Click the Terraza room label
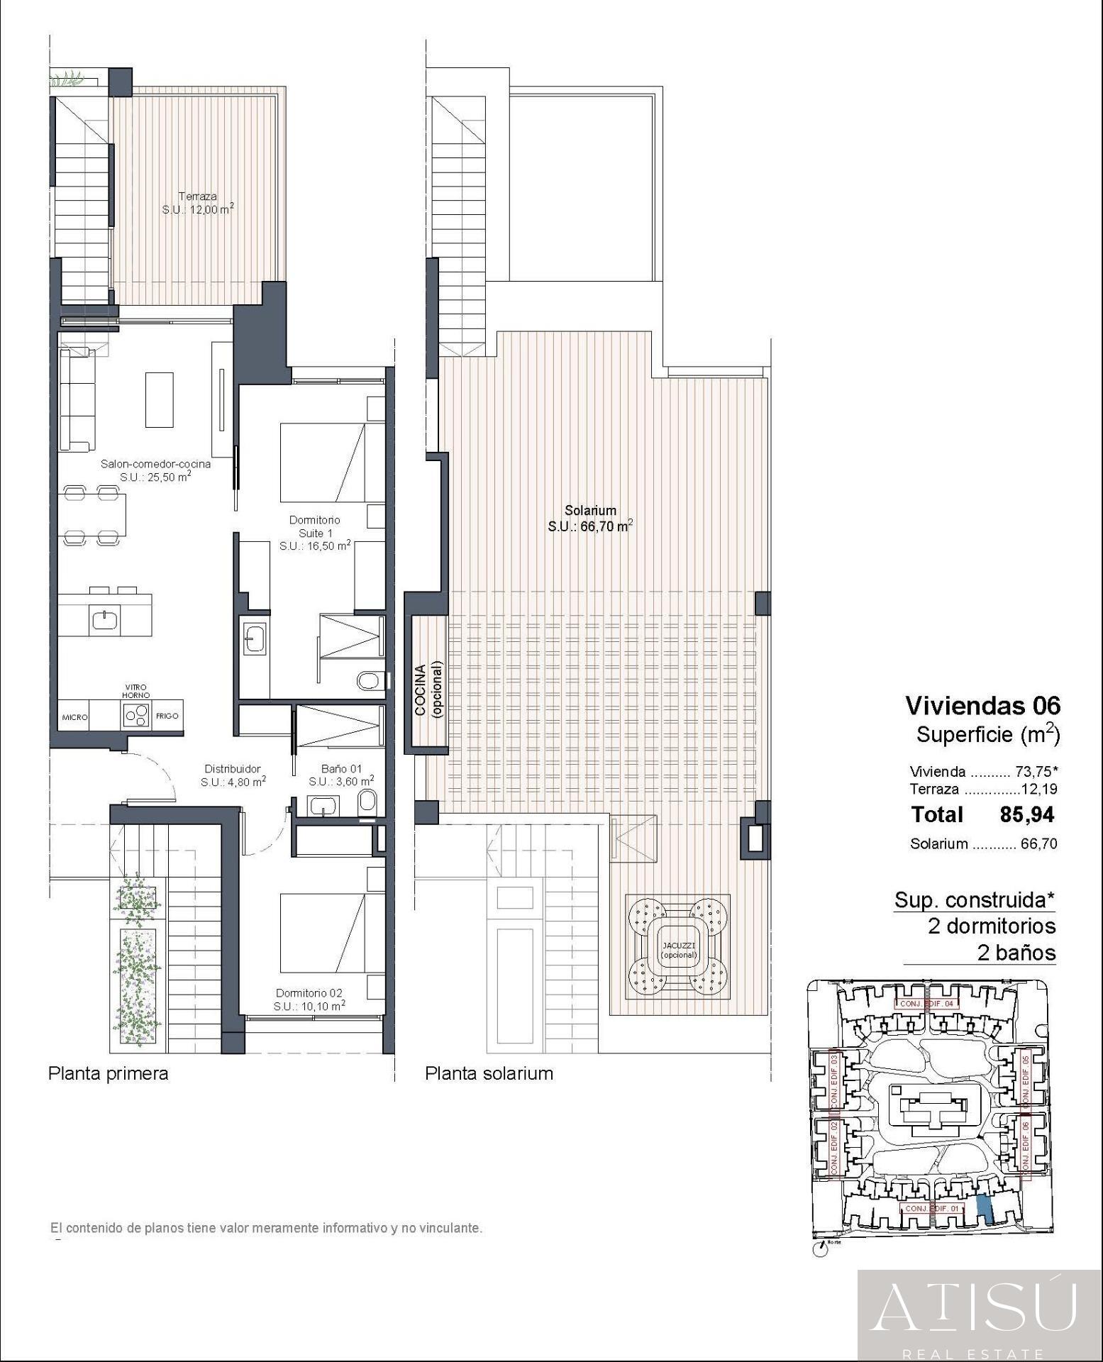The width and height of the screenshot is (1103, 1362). click(x=198, y=196)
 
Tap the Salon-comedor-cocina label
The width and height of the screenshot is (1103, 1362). click(x=155, y=464)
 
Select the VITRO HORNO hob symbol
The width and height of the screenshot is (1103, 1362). click(x=138, y=714)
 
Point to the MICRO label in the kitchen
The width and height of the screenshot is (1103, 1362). click(x=74, y=717)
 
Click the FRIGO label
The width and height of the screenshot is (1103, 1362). click(x=168, y=716)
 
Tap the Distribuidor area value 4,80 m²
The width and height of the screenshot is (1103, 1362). click(x=233, y=782)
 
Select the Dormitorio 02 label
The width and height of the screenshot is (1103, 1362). click(x=309, y=992)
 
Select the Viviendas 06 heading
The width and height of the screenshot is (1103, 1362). click(x=982, y=705)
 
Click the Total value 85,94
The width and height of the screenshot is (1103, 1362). click(x=1026, y=814)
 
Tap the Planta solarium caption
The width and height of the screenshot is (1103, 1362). click(x=489, y=1073)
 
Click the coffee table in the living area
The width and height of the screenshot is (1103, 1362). click(x=160, y=399)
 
